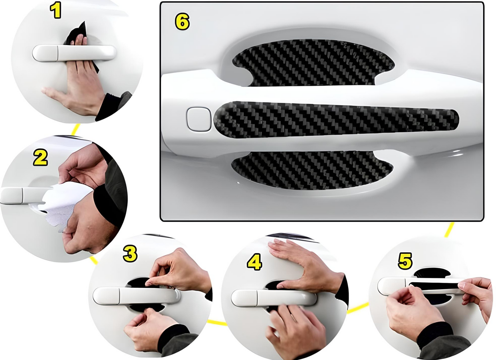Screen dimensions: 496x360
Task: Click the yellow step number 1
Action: [56, 10]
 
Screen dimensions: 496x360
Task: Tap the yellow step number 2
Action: [41, 158]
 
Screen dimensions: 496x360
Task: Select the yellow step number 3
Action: [130, 253]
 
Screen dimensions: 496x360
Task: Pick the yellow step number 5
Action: [405, 261]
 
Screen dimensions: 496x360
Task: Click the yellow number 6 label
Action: [182, 21]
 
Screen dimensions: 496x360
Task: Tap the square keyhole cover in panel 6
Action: [199, 119]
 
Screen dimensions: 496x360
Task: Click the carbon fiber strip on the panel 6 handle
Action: [336, 120]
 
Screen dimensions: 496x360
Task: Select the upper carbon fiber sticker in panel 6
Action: [313, 63]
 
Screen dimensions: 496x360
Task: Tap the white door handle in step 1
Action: [74, 53]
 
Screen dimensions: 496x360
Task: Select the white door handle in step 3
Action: [137, 295]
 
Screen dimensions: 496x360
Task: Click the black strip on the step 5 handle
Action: [434, 286]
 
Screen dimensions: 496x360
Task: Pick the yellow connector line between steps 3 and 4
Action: [217, 323]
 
